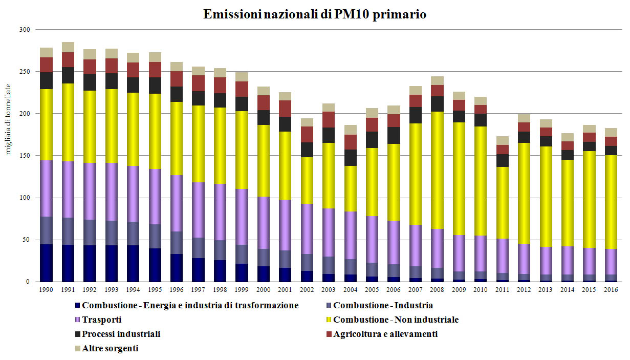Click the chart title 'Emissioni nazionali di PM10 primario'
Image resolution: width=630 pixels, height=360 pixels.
pos(315,14)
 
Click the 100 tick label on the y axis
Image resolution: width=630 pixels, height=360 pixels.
pos(24,198)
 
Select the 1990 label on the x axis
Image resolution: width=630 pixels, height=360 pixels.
pos(47,290)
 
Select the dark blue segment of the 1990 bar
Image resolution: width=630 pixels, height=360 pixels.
pos(47,263)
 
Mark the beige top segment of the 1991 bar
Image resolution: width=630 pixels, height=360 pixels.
pos(68,47)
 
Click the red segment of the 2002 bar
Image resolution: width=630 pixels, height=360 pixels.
pos(307,134)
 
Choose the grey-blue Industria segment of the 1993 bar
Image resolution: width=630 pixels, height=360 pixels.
pos(112,233)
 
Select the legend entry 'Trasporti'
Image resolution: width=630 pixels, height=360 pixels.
pos(101,320)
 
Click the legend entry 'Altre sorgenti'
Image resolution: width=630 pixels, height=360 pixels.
pos(110,349)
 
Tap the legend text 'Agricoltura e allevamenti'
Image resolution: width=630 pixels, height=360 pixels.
pos(385,334)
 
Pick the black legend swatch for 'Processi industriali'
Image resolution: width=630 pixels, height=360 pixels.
pos(77,334)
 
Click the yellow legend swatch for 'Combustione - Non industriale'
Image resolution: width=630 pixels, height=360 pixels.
pos(329,320)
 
